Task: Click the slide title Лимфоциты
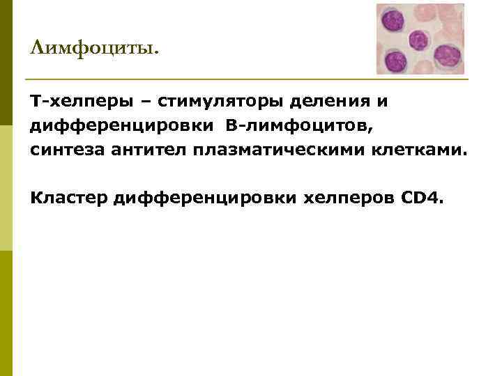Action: coord(95,49)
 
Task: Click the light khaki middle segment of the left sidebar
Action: coord(6,188)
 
